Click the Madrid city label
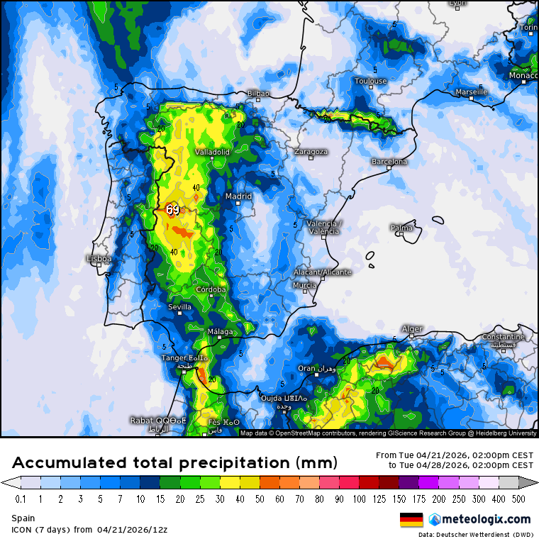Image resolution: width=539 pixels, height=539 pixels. click(238, 196)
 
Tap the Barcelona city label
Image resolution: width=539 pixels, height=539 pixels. click(389, 162)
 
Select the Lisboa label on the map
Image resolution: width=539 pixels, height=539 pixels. click(99, 259)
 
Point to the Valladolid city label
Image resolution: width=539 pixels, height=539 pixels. click(212, 152)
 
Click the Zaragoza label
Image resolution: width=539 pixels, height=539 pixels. click(312, 152)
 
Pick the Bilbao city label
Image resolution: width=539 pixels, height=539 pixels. click(258, 93)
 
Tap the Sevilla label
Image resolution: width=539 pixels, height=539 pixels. click(179, 307)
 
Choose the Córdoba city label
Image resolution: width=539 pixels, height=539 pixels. click(211, 289)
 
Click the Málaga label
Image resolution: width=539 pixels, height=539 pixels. click(220, 332)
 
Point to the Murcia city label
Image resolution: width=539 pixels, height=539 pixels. click(304, 285)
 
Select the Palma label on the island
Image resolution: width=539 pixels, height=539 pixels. click(401, 228)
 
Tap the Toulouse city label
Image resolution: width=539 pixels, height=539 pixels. click(371, 81)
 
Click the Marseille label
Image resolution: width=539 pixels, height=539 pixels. click(471, 92)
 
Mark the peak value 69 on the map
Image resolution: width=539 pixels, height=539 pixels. click(173, 210)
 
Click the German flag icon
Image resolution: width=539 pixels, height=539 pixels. click(411, 520)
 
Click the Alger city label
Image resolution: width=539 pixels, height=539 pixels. click(412, 329)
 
